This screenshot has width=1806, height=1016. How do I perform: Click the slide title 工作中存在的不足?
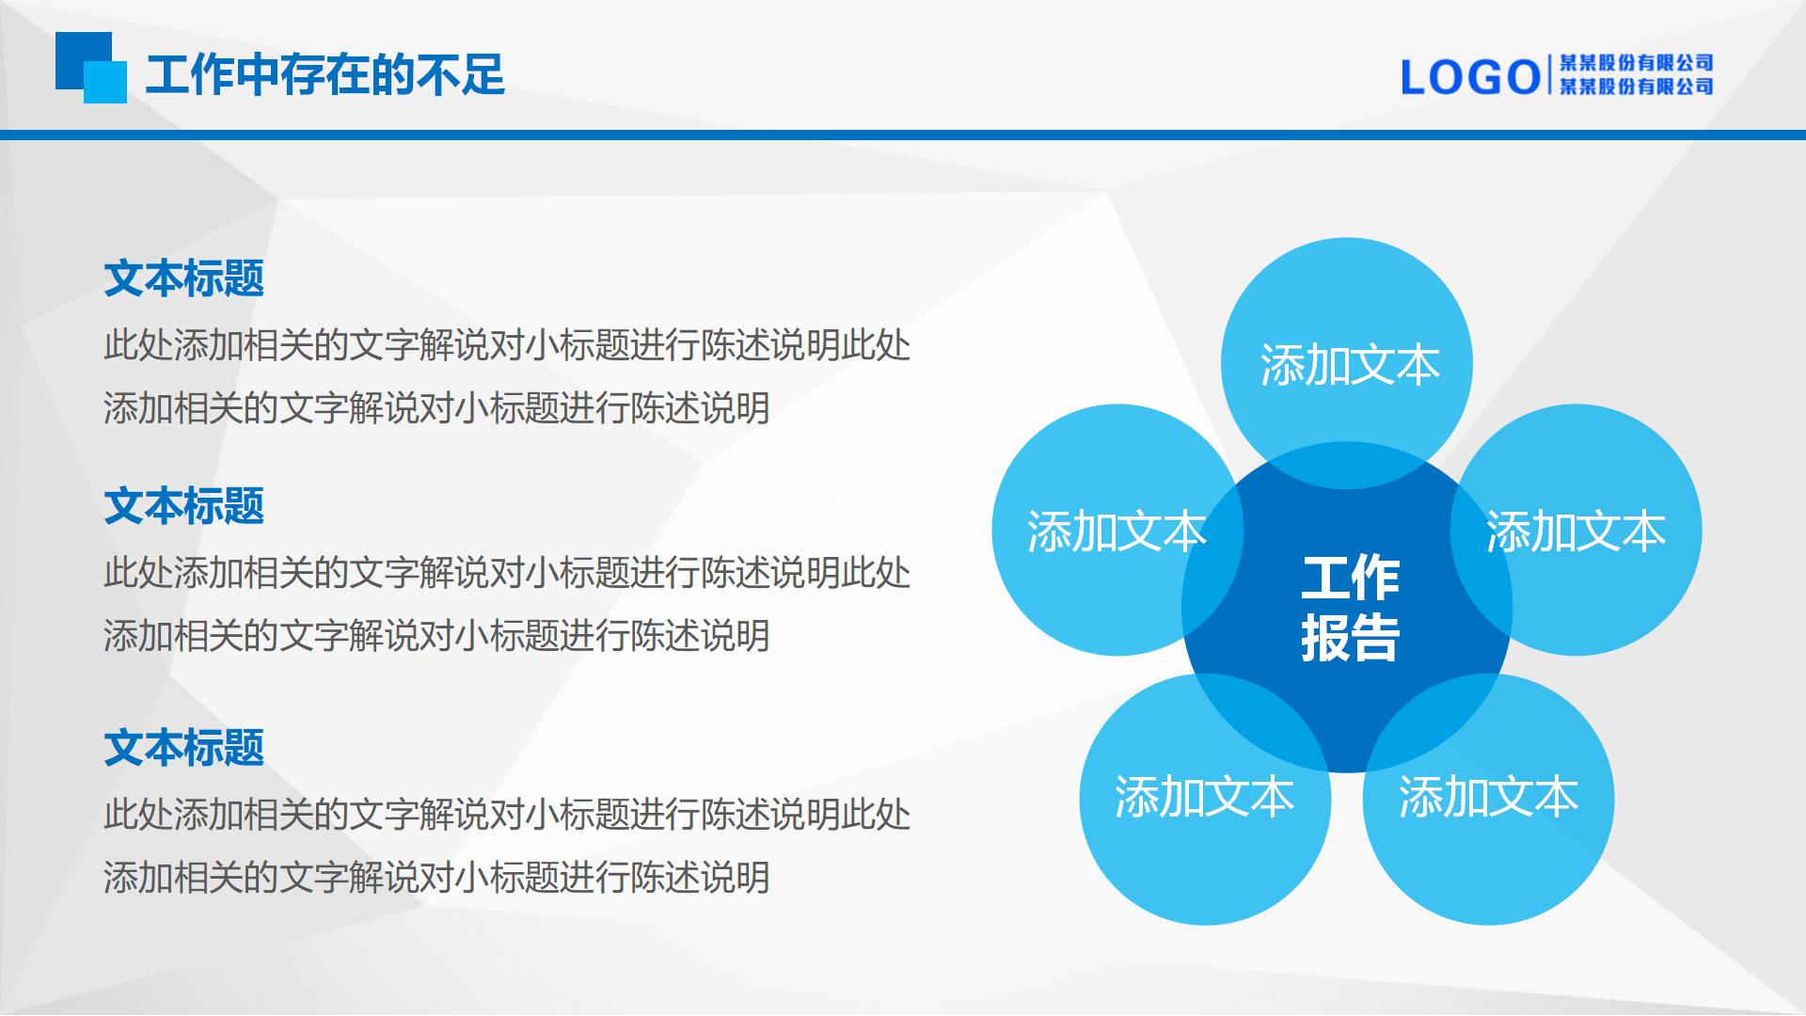tap(325, 74)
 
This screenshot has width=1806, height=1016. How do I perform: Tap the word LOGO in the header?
tap(1470, 77)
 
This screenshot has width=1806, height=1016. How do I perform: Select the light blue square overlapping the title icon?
tap(105, 82)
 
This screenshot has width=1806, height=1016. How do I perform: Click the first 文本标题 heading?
tap(184, 278)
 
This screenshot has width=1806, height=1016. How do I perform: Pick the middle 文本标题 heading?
tap(184, 506)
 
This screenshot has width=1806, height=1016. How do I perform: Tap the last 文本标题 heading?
tap(184, 748)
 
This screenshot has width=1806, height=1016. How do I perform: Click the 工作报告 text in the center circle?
tap(1350, 608)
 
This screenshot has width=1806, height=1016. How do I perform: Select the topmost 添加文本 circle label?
tap(1350, 365)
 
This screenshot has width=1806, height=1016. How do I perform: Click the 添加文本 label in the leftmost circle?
tap(1117, 532)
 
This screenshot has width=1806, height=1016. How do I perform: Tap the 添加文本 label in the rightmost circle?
tap(1576, 532)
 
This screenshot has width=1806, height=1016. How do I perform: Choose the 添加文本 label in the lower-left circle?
tap(1205, 797)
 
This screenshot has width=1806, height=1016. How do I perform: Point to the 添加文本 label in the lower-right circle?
tap(1488, 797)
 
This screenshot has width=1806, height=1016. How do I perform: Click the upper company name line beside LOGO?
tap(1636, 63)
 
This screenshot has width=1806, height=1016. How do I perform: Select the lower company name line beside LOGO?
tap(1636, 87)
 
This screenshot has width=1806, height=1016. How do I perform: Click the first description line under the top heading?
tap(507, 345)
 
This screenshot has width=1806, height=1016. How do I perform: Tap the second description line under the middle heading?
tap(436, 636)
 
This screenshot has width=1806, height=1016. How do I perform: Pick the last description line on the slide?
tap(436, 878)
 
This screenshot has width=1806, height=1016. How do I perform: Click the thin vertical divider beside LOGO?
tap(1548, 75)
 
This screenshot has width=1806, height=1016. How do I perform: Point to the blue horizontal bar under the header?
tap(903, 135)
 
